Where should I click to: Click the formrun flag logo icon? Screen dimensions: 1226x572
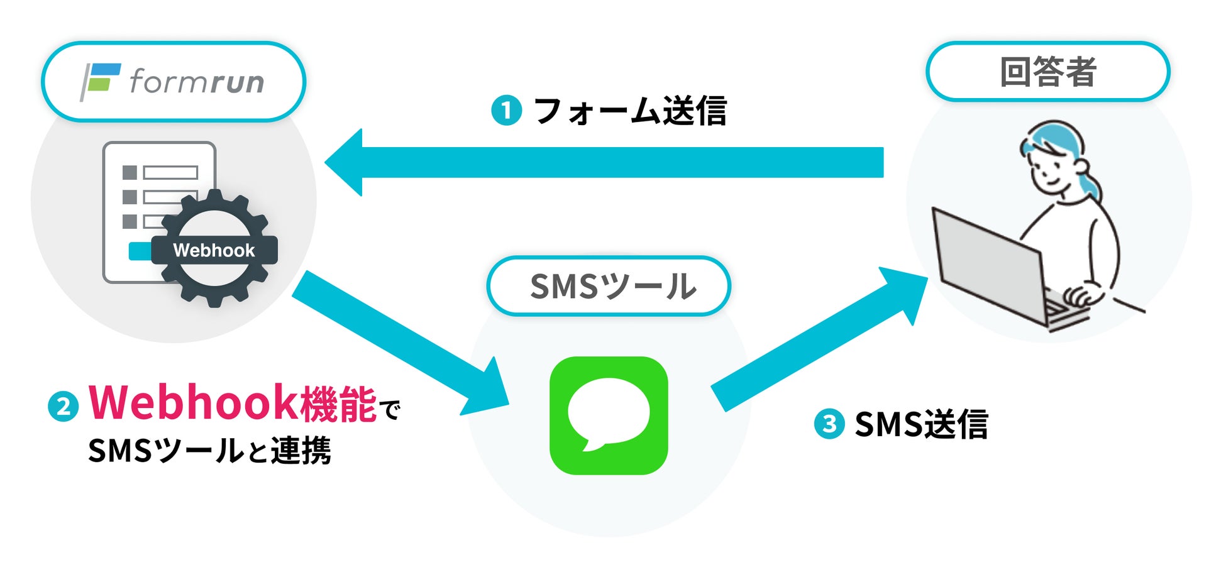(100, 81)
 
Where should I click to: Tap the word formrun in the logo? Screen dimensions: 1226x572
(196, 82)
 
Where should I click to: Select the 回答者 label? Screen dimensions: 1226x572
(1047, 72)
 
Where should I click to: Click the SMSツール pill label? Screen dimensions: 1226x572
(609, 286)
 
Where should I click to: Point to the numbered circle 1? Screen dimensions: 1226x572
(506, 111)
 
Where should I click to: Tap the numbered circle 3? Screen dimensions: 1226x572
(829, 424)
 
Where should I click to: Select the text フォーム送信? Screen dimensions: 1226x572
(630, 111)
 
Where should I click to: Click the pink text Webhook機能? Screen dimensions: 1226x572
(233, 402)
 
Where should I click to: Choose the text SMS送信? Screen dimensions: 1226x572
(921, 424)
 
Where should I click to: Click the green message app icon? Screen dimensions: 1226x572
(609, 415)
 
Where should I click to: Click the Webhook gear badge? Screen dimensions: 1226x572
(214, 249)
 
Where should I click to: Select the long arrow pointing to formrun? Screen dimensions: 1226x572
(604, 162)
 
